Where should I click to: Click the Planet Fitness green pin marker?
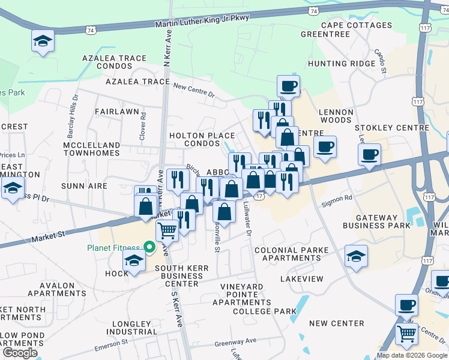[x=147, y=247]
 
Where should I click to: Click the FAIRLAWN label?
[x=117, y=112]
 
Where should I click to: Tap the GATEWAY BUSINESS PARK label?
[x=376, y=221]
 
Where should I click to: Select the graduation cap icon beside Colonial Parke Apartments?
[x=356, y=256]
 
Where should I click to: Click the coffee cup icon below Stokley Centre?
[x=369, y=154]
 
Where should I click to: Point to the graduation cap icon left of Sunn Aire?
[x=11, y=188]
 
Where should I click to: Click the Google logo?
[x=19, y=353]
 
